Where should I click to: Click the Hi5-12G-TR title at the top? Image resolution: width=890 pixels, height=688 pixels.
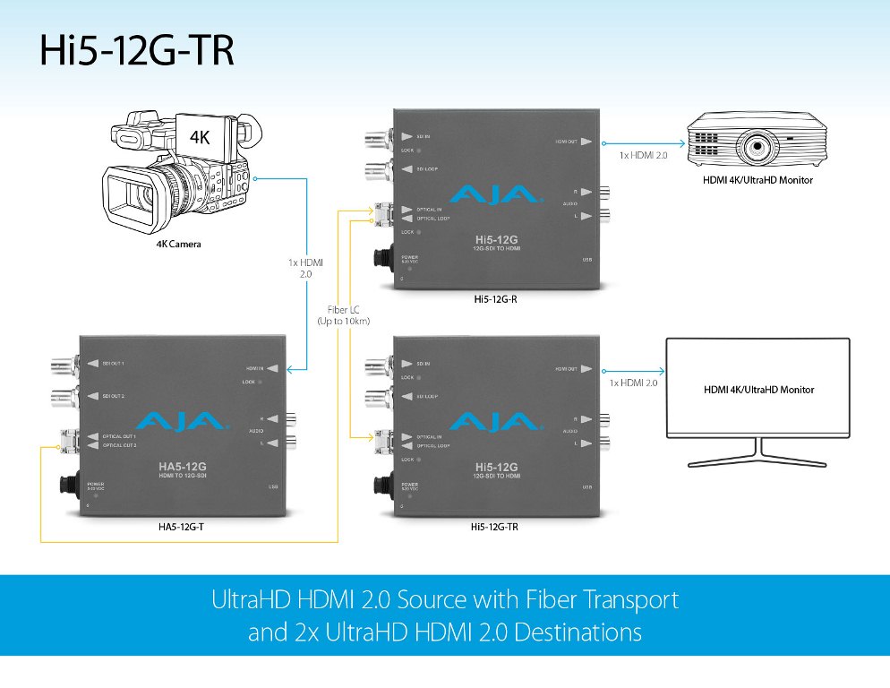[137, 51]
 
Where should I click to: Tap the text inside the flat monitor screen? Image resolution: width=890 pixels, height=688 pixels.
[760, 390]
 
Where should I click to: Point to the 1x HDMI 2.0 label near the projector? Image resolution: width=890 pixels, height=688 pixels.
[645, 155]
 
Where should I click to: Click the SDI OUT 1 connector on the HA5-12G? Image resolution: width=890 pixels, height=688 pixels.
[68, 364]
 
